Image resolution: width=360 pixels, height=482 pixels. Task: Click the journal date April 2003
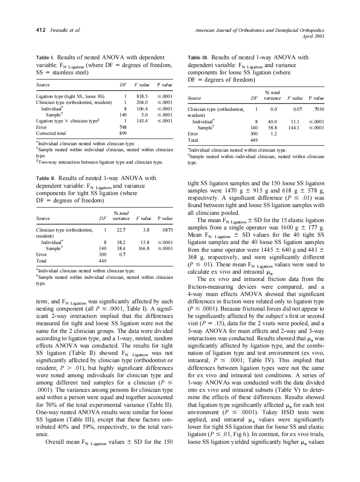pyautogui.click(x=313, y=36)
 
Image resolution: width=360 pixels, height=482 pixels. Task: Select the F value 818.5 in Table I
pyautogui.click(x=142, y=97)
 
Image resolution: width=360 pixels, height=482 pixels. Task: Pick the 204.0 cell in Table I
pyautogui.click(x=142, y=103)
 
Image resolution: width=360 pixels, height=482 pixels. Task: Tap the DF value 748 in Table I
pyautogui.click(x=122, y=127)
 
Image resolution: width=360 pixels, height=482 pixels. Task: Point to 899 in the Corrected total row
pyautogui.click(x=122, y=133)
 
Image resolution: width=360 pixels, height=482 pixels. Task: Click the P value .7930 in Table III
pyautogui.click(x=318, y=110)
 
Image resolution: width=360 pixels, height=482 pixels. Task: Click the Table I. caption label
pyautogui.click(x=45, y=57)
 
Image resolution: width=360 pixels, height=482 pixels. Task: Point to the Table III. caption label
pyautogui.click(x=198, y=57)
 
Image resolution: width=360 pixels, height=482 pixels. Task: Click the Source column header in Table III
pyautogui.click(x=195, y=98)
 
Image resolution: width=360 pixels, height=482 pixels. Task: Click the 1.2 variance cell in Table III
pyautogui.click(x=274, y=134)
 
